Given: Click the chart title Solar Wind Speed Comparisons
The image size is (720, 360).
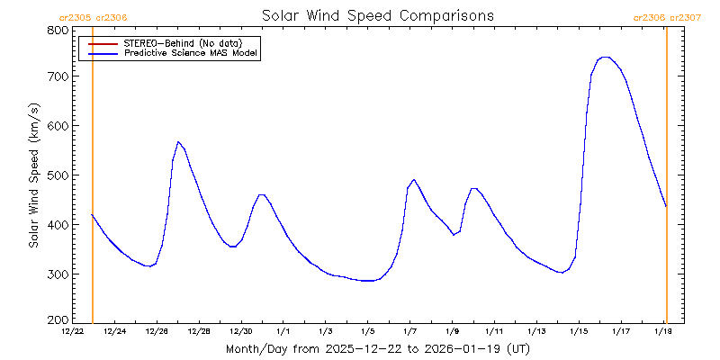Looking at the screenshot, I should point(377,16).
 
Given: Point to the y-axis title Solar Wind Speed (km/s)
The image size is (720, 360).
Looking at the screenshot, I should point(33,175).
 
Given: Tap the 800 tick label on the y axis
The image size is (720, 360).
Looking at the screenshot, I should point(58,31).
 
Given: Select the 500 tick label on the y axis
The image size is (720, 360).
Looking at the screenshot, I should point(58,175).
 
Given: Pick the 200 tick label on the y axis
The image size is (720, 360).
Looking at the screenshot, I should point(58,320).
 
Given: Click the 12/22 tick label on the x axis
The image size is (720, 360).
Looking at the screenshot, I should point(73,331).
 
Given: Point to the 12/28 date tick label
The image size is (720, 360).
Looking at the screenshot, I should point(199,331).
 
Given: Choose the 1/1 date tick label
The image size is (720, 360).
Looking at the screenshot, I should point(283,331).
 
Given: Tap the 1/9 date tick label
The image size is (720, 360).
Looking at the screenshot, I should point(452,331).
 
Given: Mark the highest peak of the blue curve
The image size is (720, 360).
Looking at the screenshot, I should point(606,57).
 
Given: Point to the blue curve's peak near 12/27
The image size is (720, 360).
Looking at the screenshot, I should point(178,141).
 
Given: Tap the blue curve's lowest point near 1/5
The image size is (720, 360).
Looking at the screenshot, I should point(367,281).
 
